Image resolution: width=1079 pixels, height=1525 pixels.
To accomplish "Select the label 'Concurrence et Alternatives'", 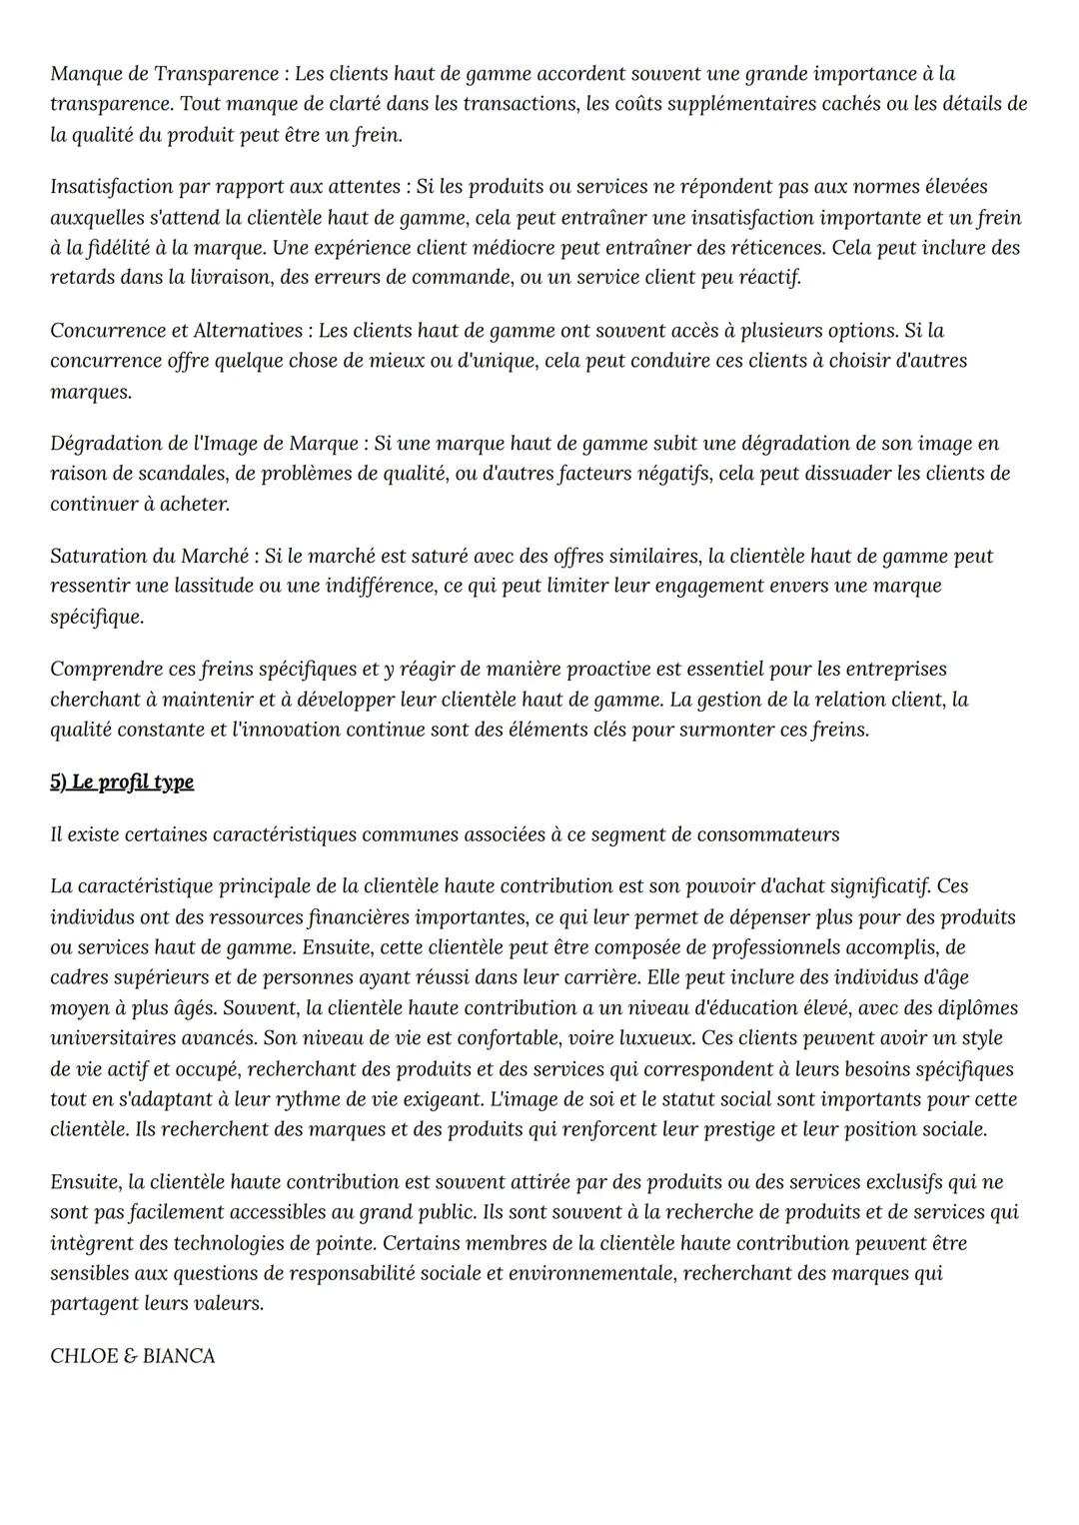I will (176, 330).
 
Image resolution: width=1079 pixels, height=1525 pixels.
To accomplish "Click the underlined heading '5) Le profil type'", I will (122, 781).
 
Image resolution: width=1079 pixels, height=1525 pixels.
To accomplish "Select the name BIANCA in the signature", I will (179, 1356).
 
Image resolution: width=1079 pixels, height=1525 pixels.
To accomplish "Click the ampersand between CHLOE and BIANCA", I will (130, 1356).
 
